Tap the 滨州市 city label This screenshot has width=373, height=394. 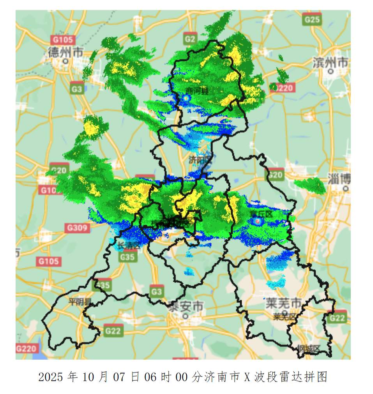(x=331, y=62)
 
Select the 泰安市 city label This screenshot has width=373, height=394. (x=186, y=306)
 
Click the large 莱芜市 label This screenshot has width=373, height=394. (x=283, y=303)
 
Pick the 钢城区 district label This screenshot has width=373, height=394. (x=308, y=348)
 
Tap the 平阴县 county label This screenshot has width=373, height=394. (x=80, y=301)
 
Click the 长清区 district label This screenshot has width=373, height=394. (x=128, y=246)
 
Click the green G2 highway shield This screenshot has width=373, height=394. (x=190, y=39)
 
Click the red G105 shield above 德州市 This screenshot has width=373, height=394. (x=62, y=39)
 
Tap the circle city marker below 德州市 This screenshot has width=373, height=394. (x=66, y=61)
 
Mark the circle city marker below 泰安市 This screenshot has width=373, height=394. (x=186, y=316)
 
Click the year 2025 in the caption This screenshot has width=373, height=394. (x=51, y=377)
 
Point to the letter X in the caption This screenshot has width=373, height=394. (x=247, y=377)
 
